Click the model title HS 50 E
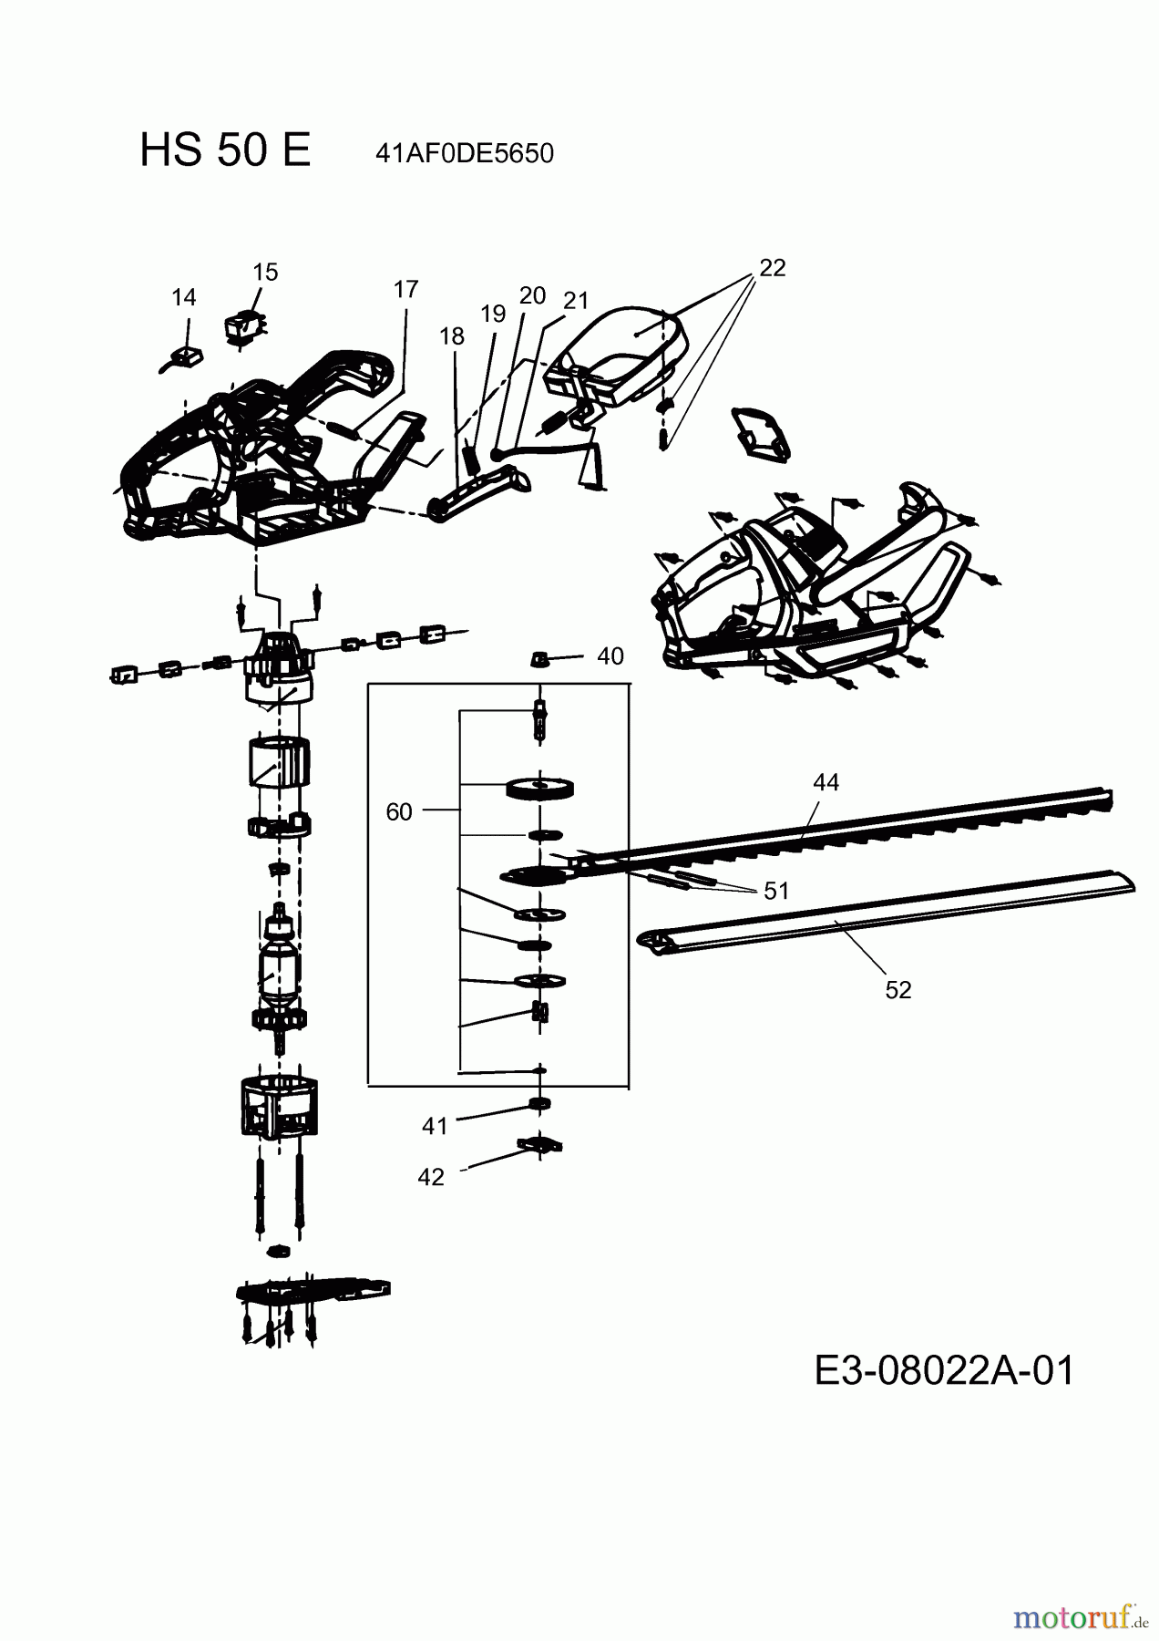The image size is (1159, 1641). (x=225, y=150)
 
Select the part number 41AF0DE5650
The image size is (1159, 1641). (x=464, y=153)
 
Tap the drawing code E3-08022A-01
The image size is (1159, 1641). (x=944, y=1370)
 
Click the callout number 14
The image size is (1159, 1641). (x=183, y=297)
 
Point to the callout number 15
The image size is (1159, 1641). (x=265, y=272)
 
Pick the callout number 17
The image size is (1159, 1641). (x=405, y=289)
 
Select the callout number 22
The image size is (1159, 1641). (x=772, y=268)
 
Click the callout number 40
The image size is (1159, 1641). (x=610, y=656)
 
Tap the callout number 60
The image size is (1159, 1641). (x=399, y=811)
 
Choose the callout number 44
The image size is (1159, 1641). (x=826, y=782)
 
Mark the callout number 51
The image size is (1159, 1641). (x=776, y=890)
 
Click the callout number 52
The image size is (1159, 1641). (x=897, y=989)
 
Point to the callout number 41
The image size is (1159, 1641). (x=435, y=1126)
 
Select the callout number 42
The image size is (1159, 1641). (x=430, y=1177)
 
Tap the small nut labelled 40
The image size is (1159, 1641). (x=539, y=658)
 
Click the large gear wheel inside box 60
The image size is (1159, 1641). (x=540, y=789)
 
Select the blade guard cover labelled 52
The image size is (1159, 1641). (x=884, y=912)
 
